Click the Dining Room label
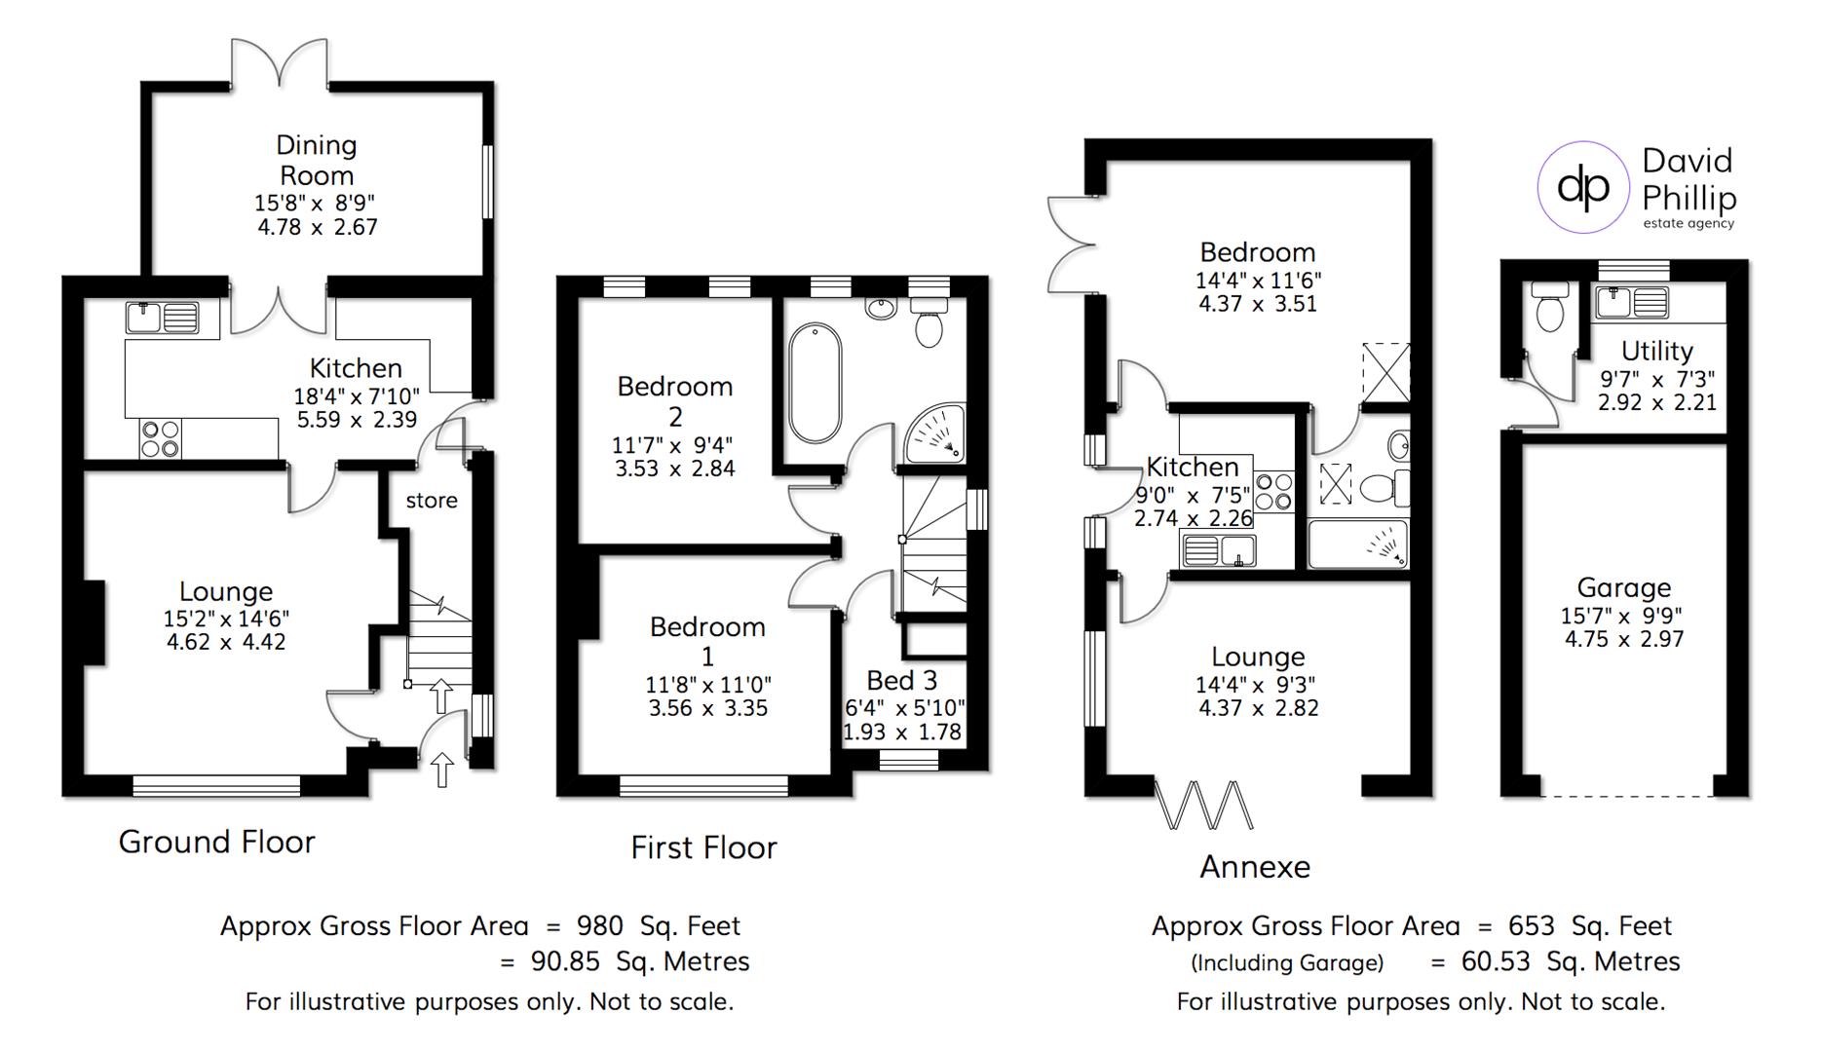click(317, 161)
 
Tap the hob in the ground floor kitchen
click(160, 438)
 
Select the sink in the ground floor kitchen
click(163, 318)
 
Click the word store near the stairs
click(432, 501)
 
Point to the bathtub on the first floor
click(815, 384)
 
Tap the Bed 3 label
click(902, 680)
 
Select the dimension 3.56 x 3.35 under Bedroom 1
click(708, 708)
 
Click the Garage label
click(1623, 587)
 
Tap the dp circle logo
click(1583, 186)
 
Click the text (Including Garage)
click(1286, 963)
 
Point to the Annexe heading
click(1254, 867)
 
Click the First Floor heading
click(703, 847)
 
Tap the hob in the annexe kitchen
click(1273, 492)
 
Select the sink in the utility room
click(1631, 302)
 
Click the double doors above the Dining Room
click(280, 65)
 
